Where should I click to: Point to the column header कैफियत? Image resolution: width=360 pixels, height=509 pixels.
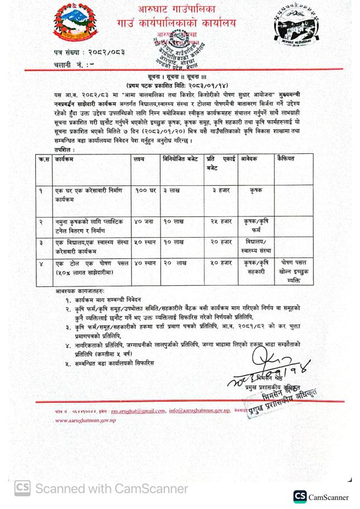286,159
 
